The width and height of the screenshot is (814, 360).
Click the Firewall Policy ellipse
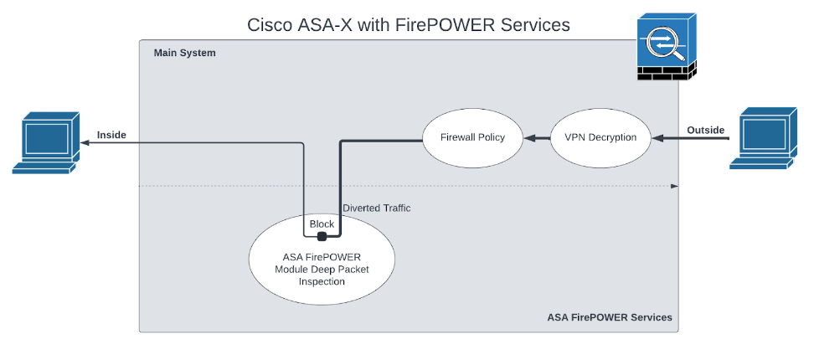click(x=472, y=136)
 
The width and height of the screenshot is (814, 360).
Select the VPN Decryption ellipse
click(x=600, y=136)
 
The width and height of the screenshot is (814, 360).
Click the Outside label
click(x=706, y=130)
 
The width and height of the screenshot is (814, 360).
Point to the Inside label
click(x=111, y=135)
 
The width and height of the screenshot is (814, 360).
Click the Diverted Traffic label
click(x=376, y=208)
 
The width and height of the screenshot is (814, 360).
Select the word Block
click(x=322, y=224)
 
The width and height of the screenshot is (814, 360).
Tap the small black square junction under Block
click(x=322, y=236)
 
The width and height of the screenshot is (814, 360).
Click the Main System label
click(x=184, y=53)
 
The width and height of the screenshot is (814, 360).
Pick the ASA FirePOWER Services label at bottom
click(x=610, y=317)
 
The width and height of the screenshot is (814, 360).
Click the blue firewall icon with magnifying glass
click(x=665, y=40)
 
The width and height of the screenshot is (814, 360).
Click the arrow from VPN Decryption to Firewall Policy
click(x=536, y=136)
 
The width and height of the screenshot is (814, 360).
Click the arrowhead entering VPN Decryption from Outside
click(x=657, y=136)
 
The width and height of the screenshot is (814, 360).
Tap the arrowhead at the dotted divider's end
click(x=675, y=185)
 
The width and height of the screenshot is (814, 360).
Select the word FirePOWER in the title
click(x=469, y=25)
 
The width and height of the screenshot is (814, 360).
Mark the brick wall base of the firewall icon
click(x=665, y=75)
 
